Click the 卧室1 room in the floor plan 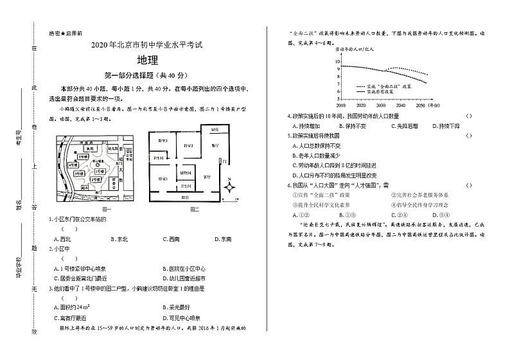coord(164,179)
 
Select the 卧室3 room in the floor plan coord(163,140)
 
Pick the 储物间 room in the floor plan coord(186,173)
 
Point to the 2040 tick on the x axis coord(400,104)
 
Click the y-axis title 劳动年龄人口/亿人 coord(355,49)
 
